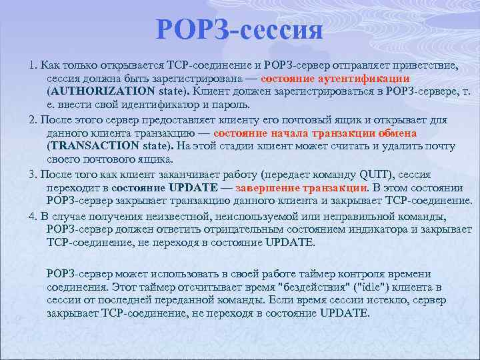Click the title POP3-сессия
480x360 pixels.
coord(240,30)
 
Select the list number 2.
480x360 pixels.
coord(33,120)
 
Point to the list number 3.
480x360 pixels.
coord(33,175)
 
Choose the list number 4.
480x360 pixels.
coord(33,217)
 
